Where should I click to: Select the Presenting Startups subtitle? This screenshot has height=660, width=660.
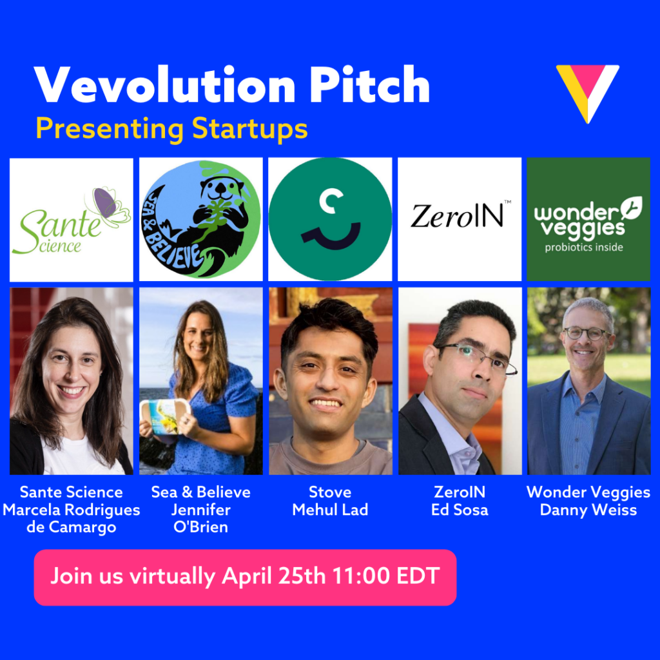pos(171,128)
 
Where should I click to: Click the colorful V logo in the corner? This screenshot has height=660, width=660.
pos(587,92)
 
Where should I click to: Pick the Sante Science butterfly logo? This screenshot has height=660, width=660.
pos(72,220)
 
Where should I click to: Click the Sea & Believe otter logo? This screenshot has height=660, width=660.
pos(201,219)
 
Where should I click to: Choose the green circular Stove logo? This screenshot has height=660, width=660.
pos(330,219)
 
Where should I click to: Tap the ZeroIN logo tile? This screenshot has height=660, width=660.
pos(460,219)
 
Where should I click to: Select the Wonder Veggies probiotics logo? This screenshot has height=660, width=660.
pos(588,219)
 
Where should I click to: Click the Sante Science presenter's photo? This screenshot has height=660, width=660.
pos(72,381)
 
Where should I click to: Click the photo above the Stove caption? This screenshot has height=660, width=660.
pos(330,381)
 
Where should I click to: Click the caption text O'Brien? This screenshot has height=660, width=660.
pos(201,528)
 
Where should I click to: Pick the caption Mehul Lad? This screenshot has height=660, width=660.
pos(330,510)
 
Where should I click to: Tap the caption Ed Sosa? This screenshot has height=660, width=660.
pos(460,510)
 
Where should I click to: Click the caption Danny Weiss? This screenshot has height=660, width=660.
pos(588,510)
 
